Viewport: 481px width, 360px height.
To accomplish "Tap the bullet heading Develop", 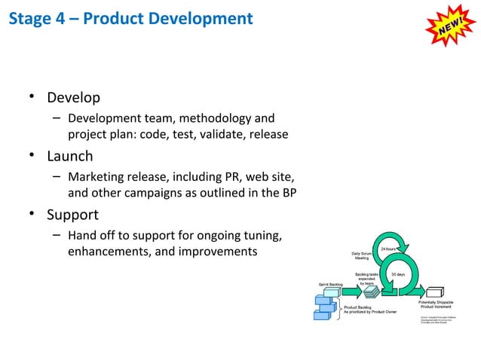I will (74, 98).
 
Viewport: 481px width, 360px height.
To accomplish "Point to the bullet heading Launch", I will (70, 157).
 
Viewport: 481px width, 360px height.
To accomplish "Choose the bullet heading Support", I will (73, 215).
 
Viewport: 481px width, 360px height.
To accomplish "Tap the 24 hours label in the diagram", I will (388, 249).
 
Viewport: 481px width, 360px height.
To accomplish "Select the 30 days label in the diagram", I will (398, 274).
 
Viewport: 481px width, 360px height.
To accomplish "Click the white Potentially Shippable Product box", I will (437, 292).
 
